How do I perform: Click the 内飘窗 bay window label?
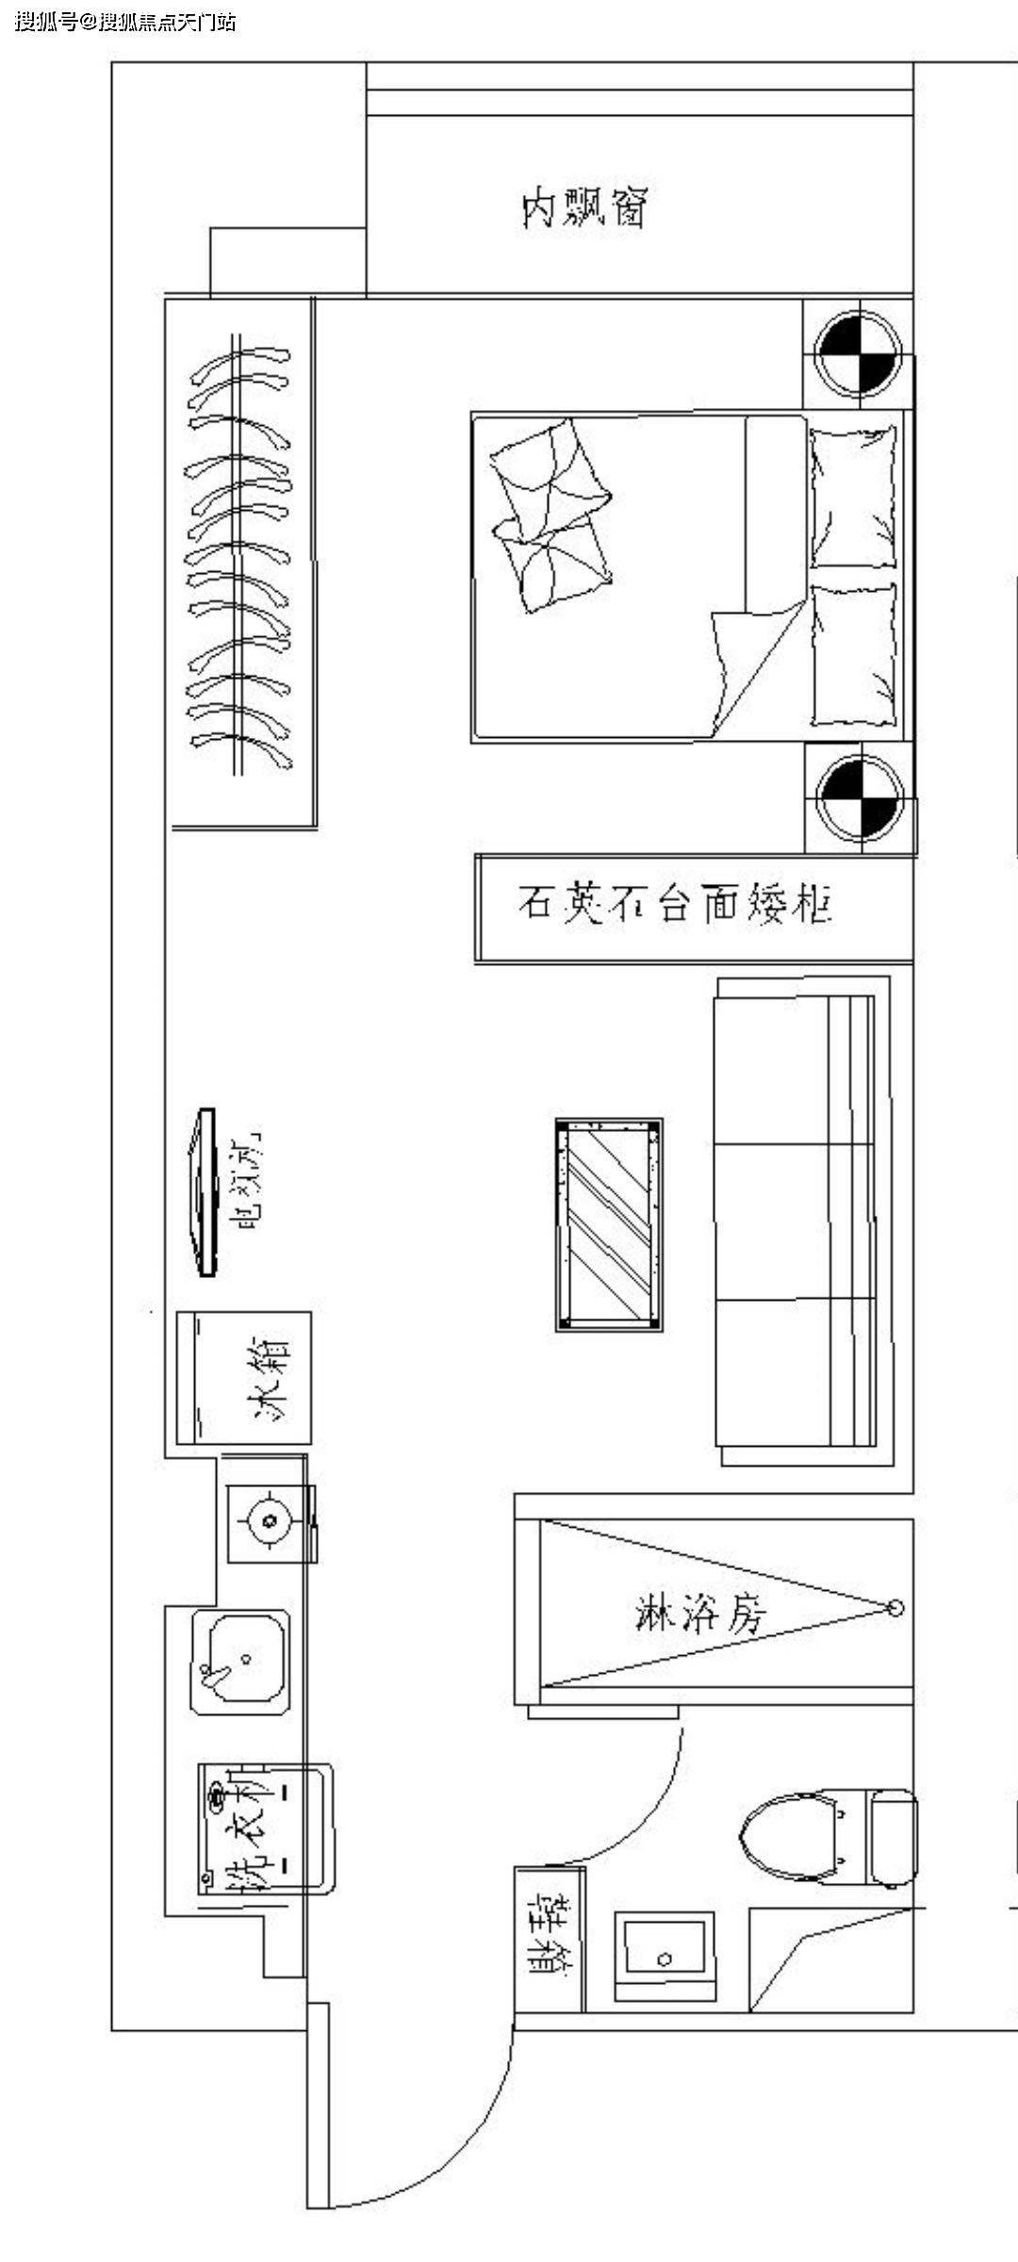coord(585,208)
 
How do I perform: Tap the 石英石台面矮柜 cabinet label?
coord(674,904)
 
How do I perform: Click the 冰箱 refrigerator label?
coord(270,1378)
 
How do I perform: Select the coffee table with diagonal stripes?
coord(609,1224)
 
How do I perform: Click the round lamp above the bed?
coord(859,354)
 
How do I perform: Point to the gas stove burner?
coord(270,1519)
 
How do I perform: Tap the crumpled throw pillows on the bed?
coord(551,514)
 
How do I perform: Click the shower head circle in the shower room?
coord(895,1608)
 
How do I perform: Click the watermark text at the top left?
coord(125,21)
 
